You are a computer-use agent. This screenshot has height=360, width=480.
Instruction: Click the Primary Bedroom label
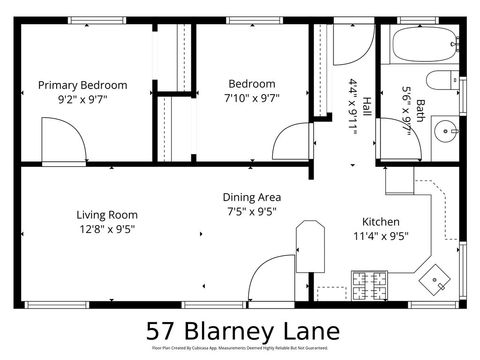(x=83, y=85)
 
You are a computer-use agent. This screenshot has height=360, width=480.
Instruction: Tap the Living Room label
(x=107, y=214)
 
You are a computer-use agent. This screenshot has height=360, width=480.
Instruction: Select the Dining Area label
(x=251, y=197)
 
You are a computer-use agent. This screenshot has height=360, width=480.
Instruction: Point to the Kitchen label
(x=381, y=222)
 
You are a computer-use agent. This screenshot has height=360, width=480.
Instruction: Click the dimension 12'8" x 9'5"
(x=107, y=230)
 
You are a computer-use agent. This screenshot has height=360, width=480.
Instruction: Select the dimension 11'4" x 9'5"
(x=381, y=237)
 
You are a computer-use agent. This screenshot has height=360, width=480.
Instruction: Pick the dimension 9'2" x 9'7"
(x=83, y=100)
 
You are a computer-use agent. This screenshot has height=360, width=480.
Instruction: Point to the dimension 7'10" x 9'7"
(x=251, y=100)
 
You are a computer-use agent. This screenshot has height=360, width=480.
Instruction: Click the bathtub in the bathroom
(x=423, y=45)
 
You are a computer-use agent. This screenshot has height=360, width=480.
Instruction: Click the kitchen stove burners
(x=367, y=283)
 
